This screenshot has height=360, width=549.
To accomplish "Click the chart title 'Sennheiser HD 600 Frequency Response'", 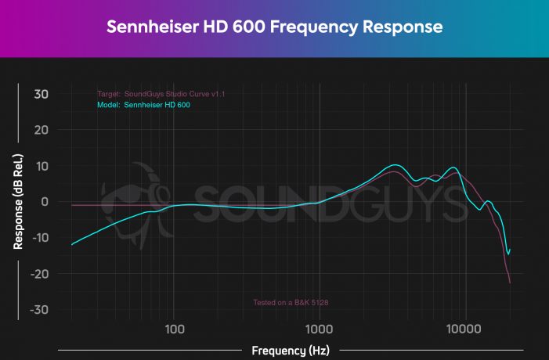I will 274,27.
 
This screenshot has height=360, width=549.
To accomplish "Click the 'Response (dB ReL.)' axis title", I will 17,202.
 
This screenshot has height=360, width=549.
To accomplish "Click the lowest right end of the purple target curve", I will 510,283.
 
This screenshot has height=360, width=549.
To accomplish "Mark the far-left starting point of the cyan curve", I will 72,245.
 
